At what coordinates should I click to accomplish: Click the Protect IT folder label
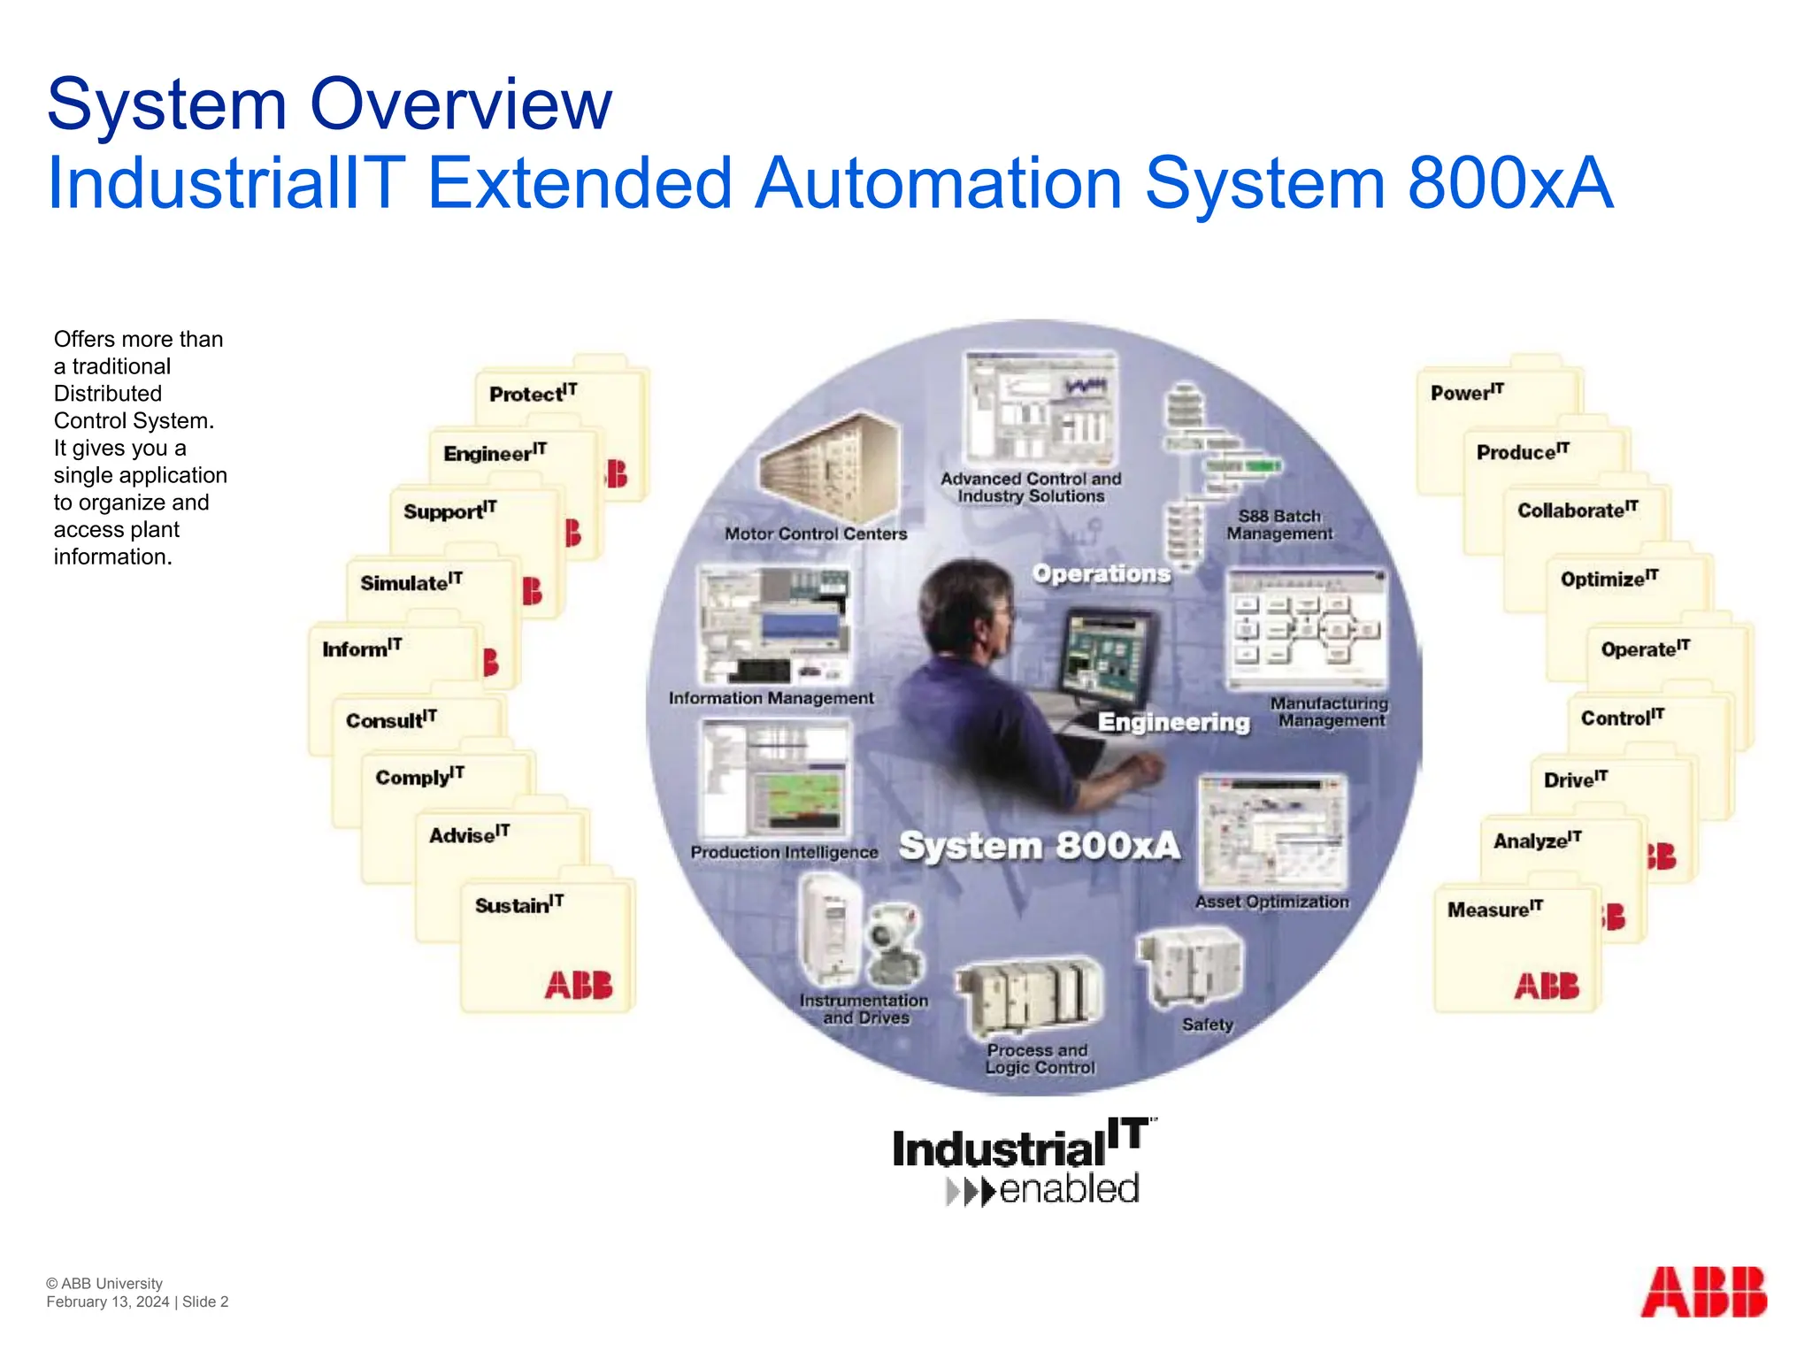click(532, 393)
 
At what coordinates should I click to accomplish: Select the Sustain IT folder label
click(518, 905)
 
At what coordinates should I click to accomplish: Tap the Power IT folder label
click(1466, 392)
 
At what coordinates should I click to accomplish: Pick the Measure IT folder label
click(1494, 910)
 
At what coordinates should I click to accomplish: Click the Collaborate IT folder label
click(1577, 511)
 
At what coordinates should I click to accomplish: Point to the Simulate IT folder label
click(411, 582)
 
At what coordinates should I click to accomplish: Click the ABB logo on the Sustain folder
click(578, 985)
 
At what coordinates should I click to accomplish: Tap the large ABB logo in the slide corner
click(1703, 1292)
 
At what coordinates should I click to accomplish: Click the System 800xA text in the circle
click(1039, 847)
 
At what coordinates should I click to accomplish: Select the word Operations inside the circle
click(1101, 574)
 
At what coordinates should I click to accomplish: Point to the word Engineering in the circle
click(1173, 723)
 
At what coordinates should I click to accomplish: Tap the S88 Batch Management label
click(1278, 525)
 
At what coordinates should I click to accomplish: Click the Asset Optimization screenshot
click(1271, 833)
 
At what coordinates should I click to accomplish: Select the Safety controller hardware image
click(1191, 968)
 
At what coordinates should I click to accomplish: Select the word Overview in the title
click(460, 104)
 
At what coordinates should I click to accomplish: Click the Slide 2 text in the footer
click(205, 1301)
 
